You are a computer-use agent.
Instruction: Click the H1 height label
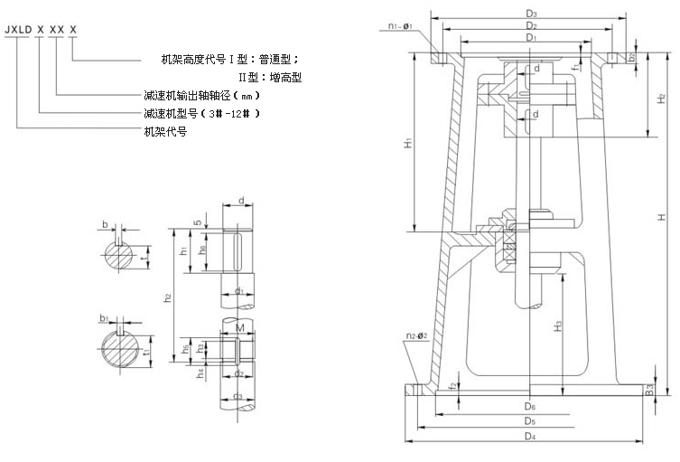point(407,142)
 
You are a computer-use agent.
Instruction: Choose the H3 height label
point(559,323)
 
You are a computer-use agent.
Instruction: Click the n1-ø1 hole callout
point(396,26)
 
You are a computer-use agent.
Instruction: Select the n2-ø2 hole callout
point(417,335)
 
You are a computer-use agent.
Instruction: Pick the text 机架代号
point(165,131)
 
